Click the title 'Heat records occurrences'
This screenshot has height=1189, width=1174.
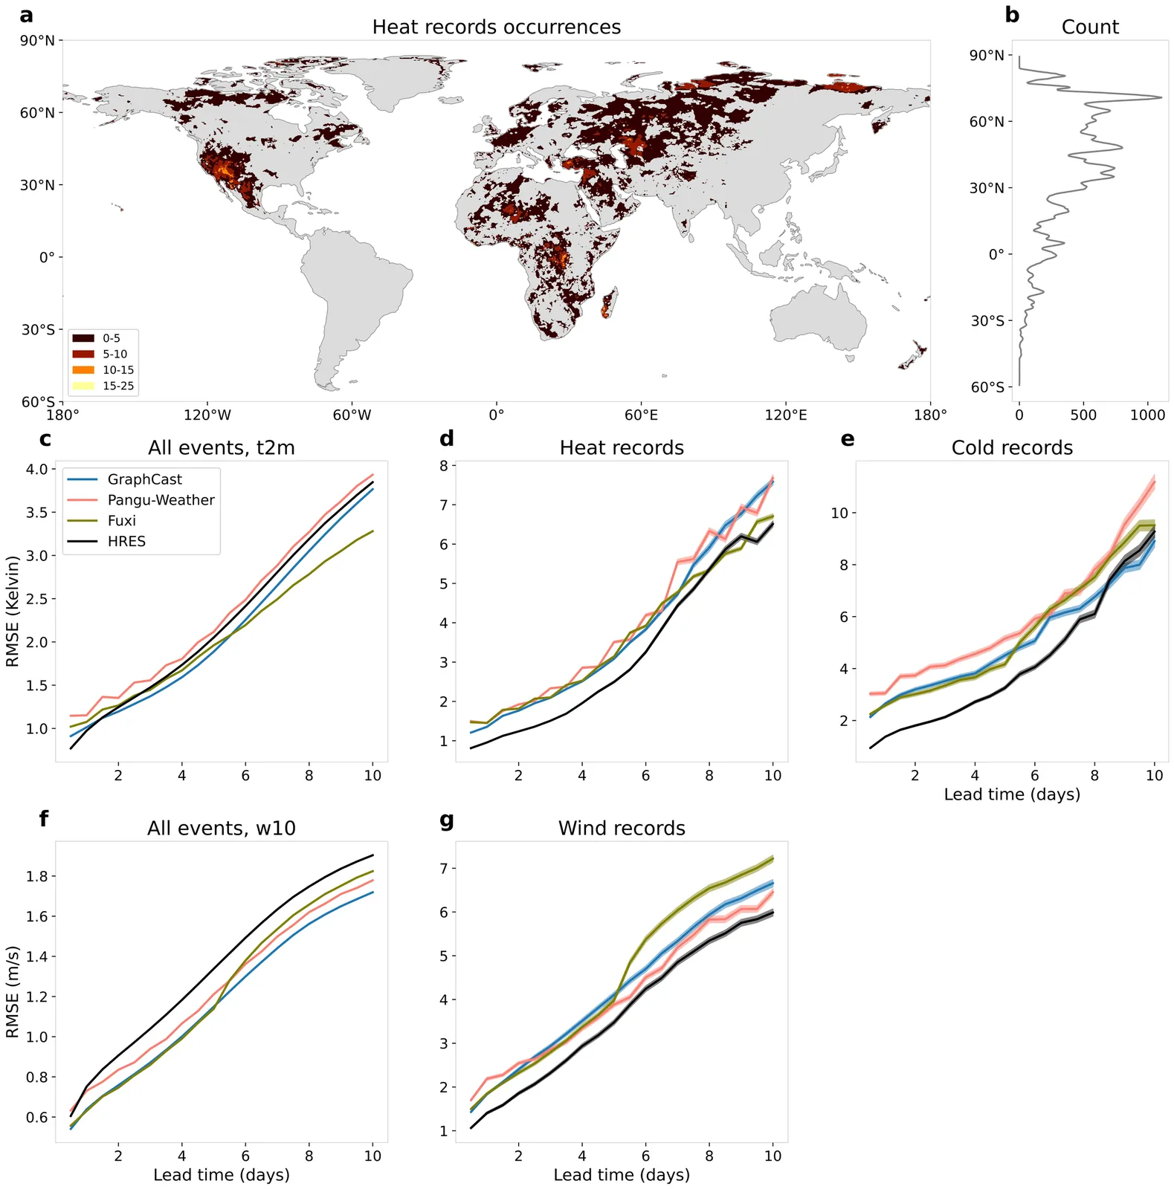496,27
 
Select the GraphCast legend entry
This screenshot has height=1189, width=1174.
144,480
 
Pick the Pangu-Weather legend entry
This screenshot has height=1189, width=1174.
161,500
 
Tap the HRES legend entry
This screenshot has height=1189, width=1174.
126,542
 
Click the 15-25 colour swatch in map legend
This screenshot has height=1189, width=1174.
83,386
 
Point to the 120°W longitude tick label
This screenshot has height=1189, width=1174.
207,415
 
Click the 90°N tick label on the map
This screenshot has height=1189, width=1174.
37,40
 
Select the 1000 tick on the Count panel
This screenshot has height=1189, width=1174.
1147,415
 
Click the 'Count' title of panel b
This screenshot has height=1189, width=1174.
1089,27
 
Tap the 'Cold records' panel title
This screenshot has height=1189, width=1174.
1012,448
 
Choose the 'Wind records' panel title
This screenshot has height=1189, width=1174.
622,829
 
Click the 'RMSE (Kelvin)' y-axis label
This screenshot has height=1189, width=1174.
13,612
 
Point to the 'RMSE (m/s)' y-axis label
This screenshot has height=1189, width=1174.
13,992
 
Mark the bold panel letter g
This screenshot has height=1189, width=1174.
447,820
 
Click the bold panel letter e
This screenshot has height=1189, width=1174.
847,439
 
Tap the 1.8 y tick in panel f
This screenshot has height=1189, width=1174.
36,877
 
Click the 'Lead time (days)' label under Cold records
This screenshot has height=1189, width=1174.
1012,794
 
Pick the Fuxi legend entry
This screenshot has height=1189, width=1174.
122,521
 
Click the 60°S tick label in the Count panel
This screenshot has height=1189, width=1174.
987,387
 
